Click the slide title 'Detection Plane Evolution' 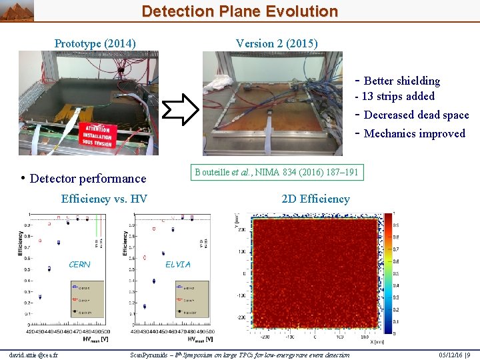239,11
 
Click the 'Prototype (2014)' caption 95,44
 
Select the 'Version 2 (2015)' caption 277,44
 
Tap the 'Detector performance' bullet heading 87,179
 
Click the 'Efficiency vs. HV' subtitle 104,199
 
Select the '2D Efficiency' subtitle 315,199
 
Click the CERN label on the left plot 79,265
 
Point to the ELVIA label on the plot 177,265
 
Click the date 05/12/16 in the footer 448,355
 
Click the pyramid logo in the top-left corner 17,10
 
